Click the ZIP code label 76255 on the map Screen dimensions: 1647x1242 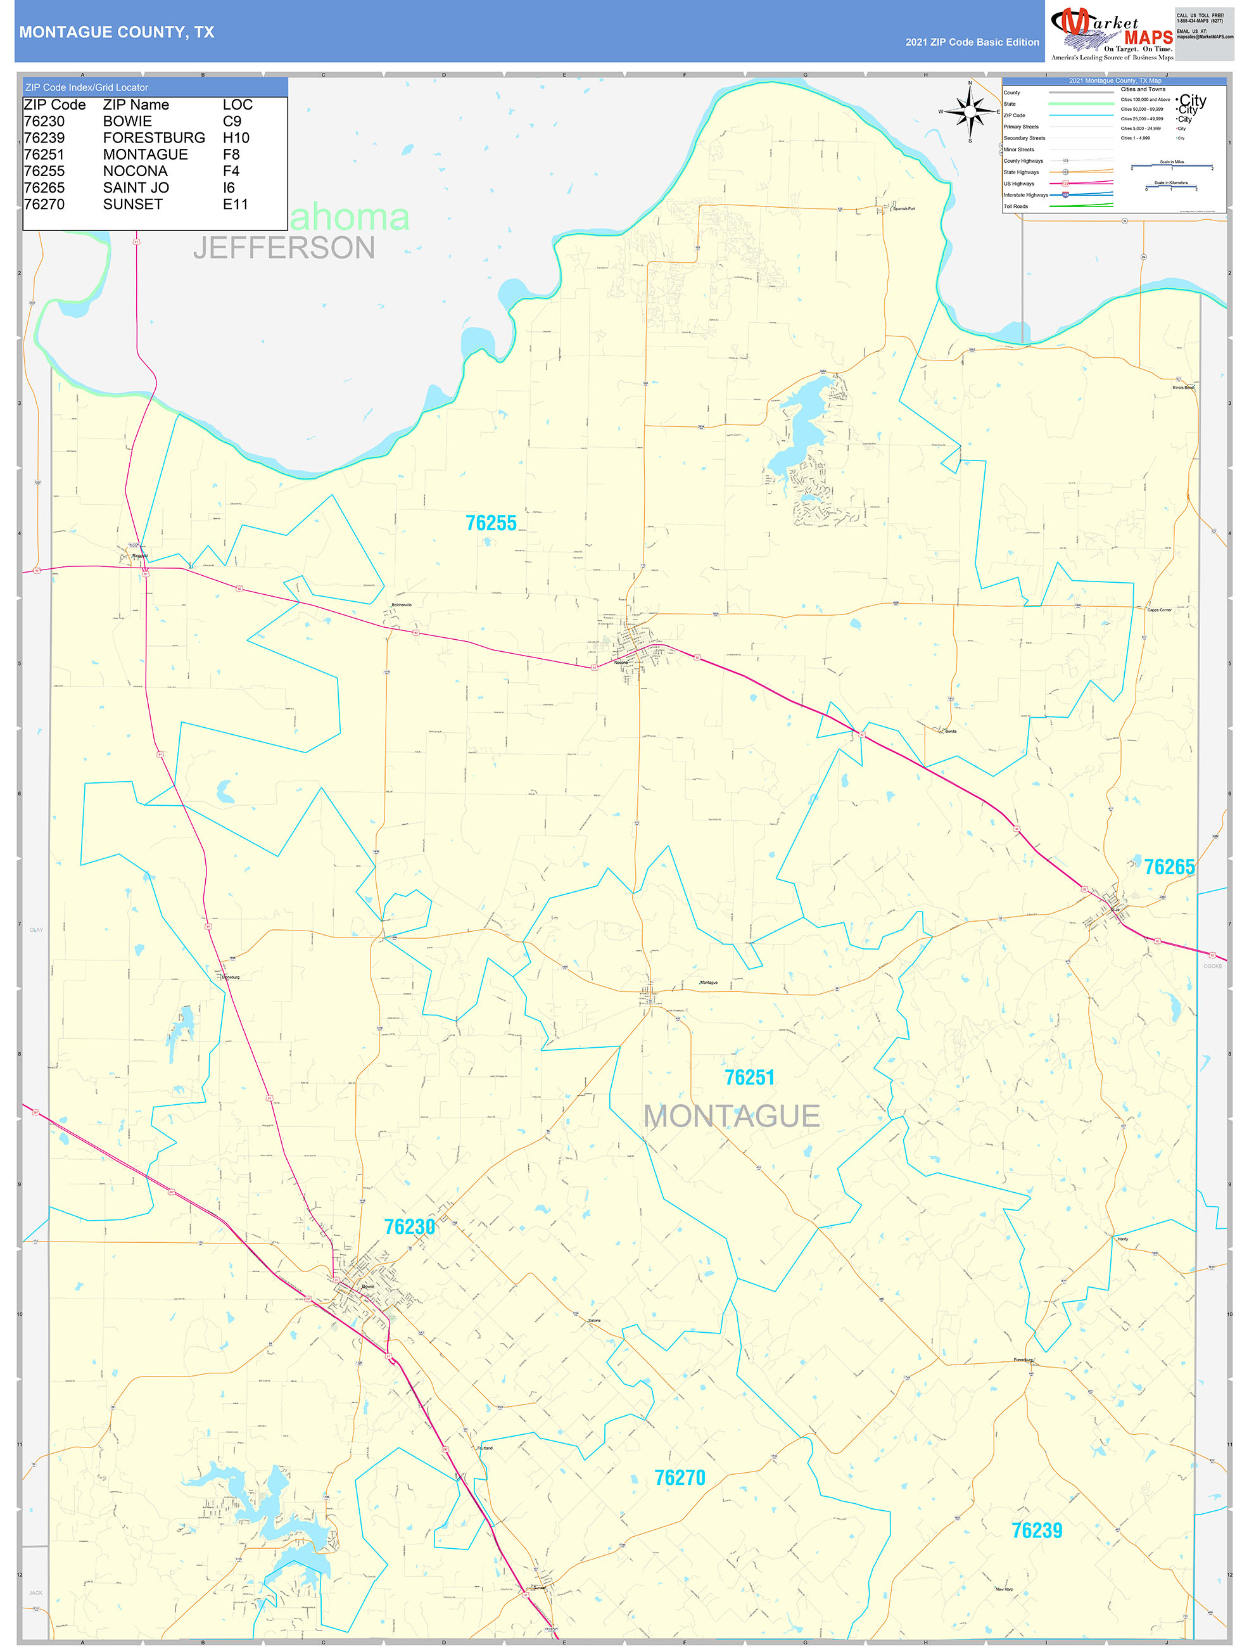pyautogui.click(x=491, y=523)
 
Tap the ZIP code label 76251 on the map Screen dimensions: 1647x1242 pyautogui.click(x=750, y=1078)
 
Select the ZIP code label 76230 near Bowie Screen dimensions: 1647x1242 pyautogui.click(x=410, y=1227)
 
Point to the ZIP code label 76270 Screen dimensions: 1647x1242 pyautogui.click(x=680, y=1478)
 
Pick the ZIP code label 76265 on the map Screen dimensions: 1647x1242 pyautogui.click(x=1169, y=867)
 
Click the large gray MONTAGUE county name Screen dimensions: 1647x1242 pyautogui.click(x=731, y=1117)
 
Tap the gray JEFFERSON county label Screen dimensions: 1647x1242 pyautogui.click(x=284, y=248)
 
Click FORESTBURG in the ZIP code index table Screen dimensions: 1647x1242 pyautogui.click(x=154, y=137)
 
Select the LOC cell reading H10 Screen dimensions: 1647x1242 pyautogui.click(x=236, y=137)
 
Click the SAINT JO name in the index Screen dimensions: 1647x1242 pyautogui.click(x=136, y=188)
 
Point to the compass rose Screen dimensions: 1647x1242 pyautogui.click(x=970, y=111)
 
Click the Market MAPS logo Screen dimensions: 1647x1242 pyautogui.click(x=1112, y=34)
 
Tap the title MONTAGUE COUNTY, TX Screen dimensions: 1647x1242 pyautogui.click(x=117, y=32)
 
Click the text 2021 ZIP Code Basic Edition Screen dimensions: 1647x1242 pyautogui.click(x=972, y=42)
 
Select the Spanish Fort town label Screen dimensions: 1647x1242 pyautogui.click(x=904, y=209)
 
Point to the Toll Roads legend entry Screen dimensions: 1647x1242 pyautogui.click(x=1016, y=207)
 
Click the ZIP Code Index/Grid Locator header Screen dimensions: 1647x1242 pyautogui.click(x=87, y=88)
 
